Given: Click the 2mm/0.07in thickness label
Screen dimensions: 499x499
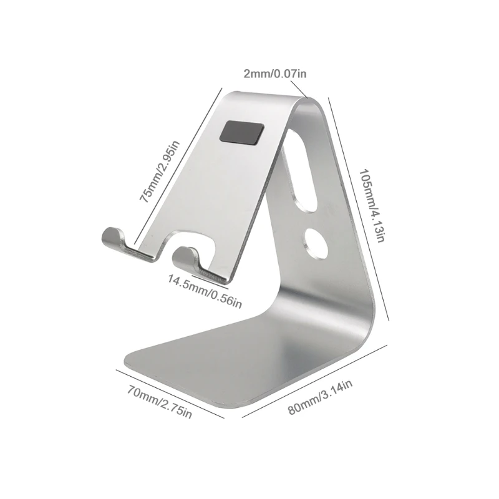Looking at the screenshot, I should tap(275, 74).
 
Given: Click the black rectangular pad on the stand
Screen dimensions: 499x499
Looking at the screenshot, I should tap(241, 133).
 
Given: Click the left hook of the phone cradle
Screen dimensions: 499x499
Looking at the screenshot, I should tap(113, 236).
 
